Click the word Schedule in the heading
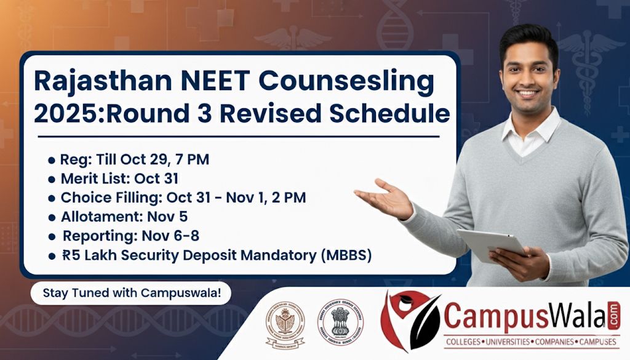(x=391, y=114)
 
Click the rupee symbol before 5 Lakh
(x=66, y=255)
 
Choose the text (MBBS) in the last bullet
(x=344, y=255)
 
